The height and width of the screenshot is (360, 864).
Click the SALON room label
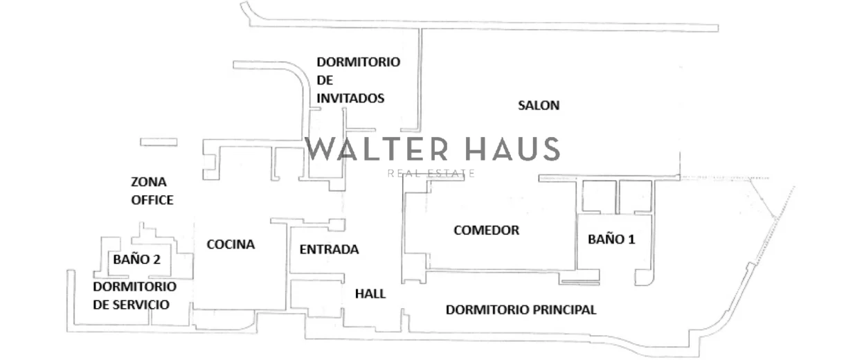click(539, 106)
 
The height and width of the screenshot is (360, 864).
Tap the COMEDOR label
click(486, 231)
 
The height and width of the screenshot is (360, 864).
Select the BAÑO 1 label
click(611, 240)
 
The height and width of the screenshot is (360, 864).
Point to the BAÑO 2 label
click(137, 260)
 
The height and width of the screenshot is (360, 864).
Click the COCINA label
click(231, 244)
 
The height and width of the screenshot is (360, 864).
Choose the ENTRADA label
click(329, 250)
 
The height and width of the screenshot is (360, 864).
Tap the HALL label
click(370, 294)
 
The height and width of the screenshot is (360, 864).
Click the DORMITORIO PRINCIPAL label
click(521, 310)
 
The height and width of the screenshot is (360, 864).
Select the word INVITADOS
click(350, 98)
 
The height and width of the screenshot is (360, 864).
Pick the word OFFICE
click(152, 200)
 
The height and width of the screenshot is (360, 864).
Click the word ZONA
click(148, 183)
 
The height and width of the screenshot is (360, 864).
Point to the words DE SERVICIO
click(131, 305)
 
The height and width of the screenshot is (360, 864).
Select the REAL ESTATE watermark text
click(431, 173)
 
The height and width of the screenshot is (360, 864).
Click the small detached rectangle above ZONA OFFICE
click(159, 142)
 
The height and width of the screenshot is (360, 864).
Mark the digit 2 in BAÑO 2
click(157, 260)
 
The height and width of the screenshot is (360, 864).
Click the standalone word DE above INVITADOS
click(325, 80)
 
